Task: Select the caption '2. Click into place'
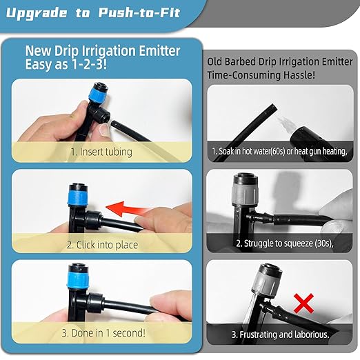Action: (102, 244)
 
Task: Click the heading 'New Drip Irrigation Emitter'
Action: (103, 50)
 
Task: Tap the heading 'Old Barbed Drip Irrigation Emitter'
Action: (279, 61)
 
